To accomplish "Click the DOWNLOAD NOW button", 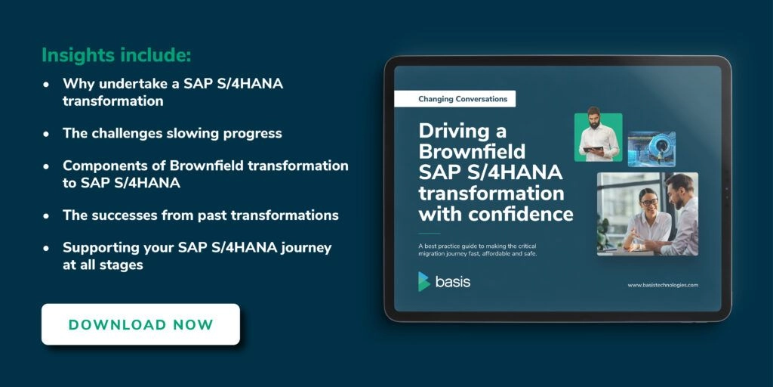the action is pyautogui.click(x=140, y=324).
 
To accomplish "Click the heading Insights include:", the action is pyautogui.click(x=116, y=54).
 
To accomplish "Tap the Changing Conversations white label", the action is pyautogui.click(x=455, y=99).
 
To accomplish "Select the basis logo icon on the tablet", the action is pyautogui.click(x=424, y=281).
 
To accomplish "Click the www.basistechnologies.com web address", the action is pyautogui.click(x=663, y=285).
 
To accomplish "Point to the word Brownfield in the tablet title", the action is pyautogui.click(x=472, y=151).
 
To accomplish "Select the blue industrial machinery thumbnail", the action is pyautogui.click(x=651, y=149).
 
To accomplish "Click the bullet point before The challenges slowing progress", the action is pyautogui.click(x=46, y=134).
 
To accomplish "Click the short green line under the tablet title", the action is pyautogui.click(x=430, y=233).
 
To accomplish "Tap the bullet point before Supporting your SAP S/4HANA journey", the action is pyautogui.click(x=46, y=249).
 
